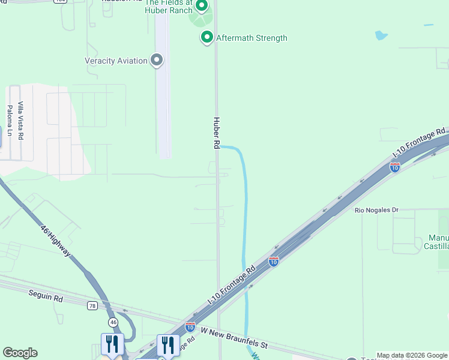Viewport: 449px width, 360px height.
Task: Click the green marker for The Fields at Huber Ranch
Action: click(202, 7)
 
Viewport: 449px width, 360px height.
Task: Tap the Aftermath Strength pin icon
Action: click(207, 38)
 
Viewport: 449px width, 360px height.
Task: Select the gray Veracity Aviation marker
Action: click(157, 60)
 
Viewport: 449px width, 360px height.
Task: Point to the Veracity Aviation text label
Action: click(116, 61)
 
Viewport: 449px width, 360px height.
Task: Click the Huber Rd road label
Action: click(217, 133)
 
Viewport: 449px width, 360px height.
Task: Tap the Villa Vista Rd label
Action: click(20, 121)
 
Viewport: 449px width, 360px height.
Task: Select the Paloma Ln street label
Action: click(10, 119)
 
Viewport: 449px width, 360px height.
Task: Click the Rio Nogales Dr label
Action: click(376, 210)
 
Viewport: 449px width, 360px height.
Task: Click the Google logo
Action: click(20, 353)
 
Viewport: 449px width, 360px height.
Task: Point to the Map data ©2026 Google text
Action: click(412, 355)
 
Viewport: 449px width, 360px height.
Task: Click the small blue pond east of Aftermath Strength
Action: click(381, 35)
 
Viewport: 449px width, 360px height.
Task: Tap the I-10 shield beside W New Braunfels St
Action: click(190, 327)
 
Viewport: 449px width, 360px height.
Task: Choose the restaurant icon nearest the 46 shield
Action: click(112, 344)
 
